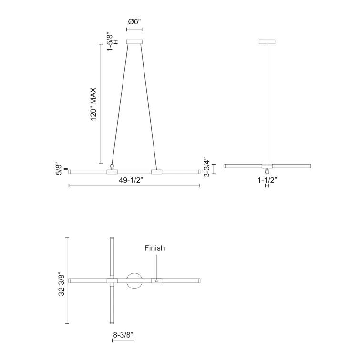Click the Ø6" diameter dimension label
(x=134, y=21)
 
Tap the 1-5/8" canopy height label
(x=110, y=42)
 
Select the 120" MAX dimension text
(x=93, y=103)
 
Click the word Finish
(x=155, y=248)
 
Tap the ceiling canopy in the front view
(x=134, y=41)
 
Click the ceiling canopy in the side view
(x=267, y=41)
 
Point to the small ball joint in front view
(x=113, y=166)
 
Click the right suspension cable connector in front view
(x=154, y=170)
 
